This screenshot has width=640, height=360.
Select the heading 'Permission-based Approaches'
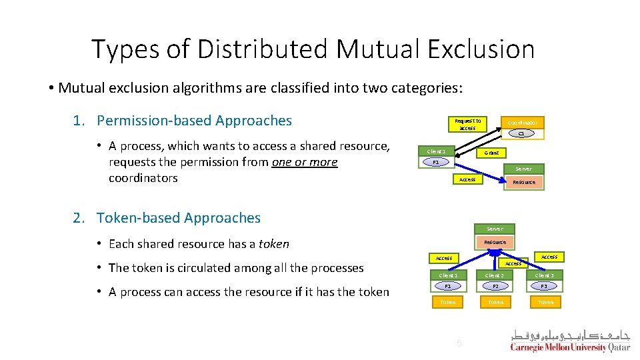tap(194, 121)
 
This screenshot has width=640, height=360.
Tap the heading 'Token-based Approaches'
tap(179, 218)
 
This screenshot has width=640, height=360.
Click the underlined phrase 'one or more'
tap(305, 162)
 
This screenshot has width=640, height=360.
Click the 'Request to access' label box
tap(467, 124)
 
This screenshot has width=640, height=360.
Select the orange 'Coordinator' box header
tap(522, 123)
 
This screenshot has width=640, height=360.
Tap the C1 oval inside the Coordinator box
tap(522, 133)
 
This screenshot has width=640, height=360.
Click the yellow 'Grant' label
tap(491, 153)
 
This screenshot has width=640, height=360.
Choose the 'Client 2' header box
tap(495, 275)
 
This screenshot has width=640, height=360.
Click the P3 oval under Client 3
tap(545, 286)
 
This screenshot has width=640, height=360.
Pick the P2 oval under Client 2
tap(495, 286)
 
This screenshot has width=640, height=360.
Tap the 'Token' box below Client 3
tap(545, 302)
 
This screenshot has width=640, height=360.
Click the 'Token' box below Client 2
tap(496, 302)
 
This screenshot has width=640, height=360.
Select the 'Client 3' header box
tap(545, 275)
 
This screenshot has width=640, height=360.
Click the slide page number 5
tap(458, 343)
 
